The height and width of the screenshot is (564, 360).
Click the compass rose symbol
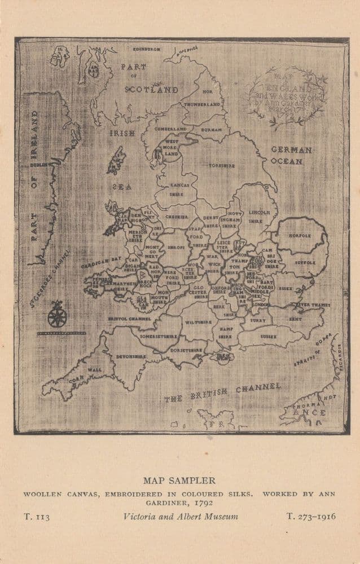(x=56, y=315)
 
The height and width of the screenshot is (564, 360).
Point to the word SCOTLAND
(x=151, y=89)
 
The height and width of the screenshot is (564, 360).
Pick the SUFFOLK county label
(x=307, y=262)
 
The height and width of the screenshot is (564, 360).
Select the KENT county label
(x=295, y=319)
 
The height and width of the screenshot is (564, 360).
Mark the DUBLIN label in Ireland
(x=38, y=165)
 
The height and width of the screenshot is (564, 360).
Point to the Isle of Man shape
(x=116, y=160)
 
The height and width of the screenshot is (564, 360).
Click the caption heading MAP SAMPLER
(x=179, y=481)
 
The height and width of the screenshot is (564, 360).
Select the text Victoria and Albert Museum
(x=181, y=516)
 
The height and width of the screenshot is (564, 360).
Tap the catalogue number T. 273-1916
(x=311, y=516)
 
